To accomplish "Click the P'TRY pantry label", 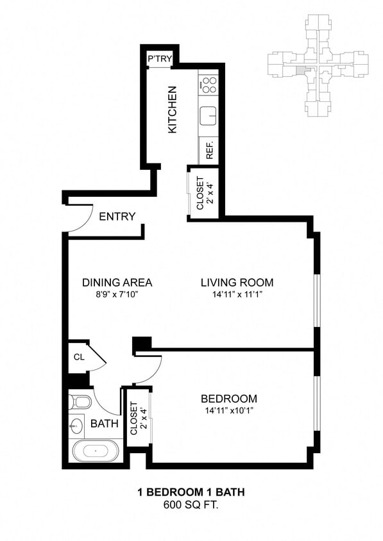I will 157,59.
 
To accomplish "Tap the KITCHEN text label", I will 172,110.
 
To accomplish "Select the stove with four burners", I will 209,83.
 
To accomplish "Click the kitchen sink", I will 209,116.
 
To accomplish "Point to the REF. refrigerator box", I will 209,151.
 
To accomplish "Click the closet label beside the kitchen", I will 200,193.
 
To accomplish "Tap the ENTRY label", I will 117,217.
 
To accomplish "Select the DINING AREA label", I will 117,283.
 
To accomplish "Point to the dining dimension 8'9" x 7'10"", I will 117,294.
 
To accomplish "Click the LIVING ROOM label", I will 237,283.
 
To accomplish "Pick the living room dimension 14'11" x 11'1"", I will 237,294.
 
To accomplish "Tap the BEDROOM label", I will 229,399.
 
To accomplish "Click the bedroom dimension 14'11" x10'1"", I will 229,410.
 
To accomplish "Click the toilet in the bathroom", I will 80,402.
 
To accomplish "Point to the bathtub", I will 96,451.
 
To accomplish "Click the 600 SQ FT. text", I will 191,504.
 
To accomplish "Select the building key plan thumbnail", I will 318,65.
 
